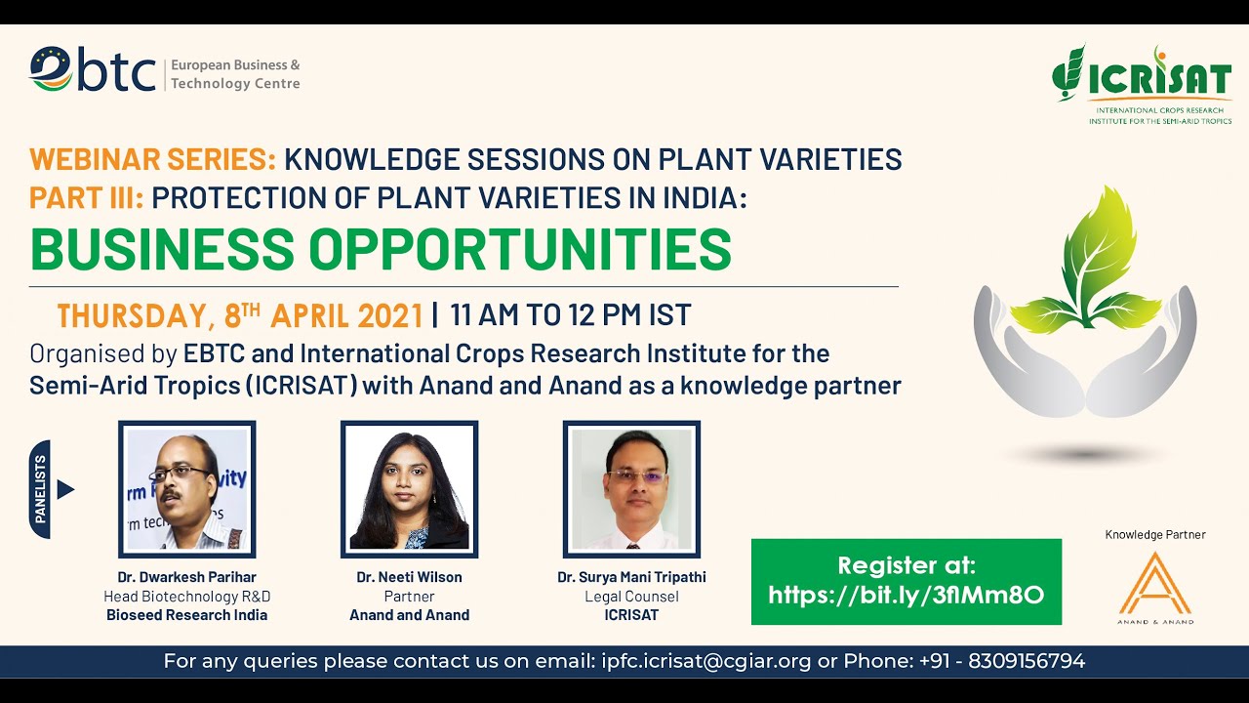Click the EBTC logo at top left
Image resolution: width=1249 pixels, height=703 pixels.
point(93,69)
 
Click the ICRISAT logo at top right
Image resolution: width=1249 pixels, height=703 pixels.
point(1141,83)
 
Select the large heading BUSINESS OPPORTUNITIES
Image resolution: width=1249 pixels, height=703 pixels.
point(381,250)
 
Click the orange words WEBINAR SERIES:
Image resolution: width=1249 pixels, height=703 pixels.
point(153,158)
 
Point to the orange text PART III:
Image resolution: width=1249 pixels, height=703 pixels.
point(87,197)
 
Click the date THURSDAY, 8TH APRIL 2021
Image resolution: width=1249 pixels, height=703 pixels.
point(240,315)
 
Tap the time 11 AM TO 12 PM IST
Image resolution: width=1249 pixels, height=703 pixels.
point(570,315)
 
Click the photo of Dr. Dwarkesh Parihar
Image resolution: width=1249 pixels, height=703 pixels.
point(186,489)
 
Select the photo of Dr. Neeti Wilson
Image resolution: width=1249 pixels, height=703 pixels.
point(409,489)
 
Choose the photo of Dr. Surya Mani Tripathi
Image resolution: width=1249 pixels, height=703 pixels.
point(631,489)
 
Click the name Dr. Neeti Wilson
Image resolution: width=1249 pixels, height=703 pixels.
point(409,577)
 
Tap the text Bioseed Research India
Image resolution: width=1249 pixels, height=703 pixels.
point(186,615)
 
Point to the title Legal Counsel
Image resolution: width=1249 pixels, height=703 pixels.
point(631,597)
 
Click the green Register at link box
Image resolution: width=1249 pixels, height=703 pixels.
point(906,581)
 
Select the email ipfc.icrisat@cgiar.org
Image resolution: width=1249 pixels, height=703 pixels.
point(704,661)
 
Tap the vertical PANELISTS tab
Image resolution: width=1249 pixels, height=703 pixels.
point(41,489)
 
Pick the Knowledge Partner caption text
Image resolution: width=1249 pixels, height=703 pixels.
point(1155,534)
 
